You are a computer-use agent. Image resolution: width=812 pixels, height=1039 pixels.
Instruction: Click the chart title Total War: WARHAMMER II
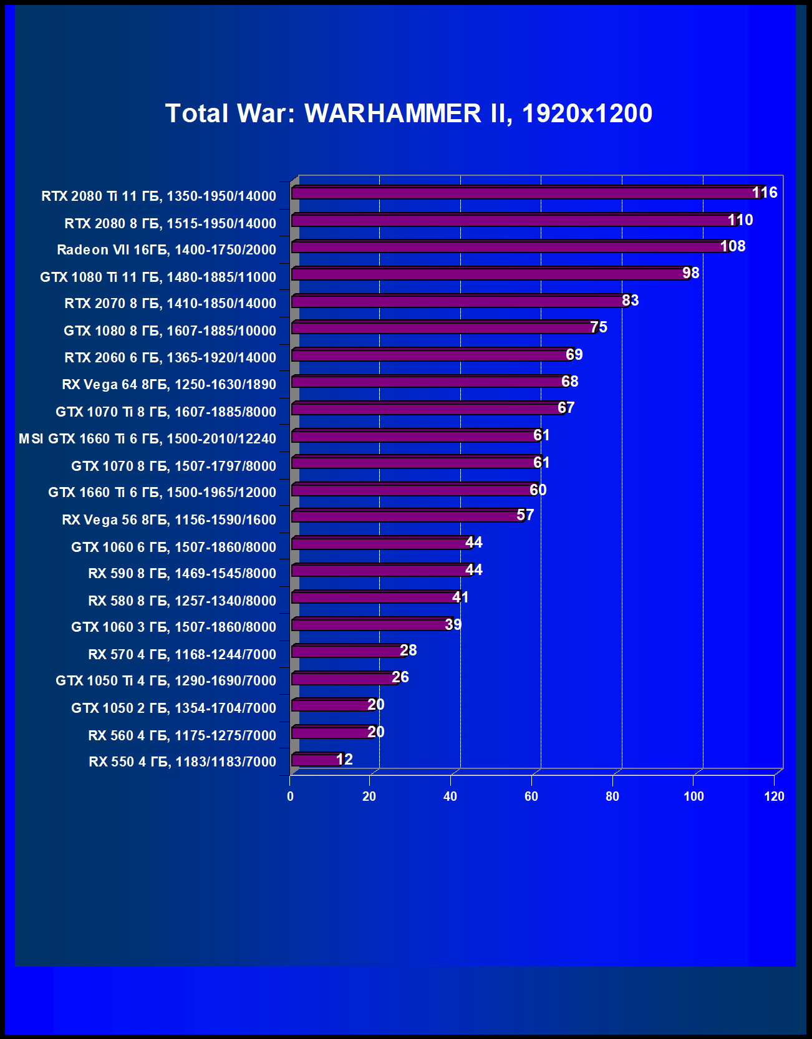click(x=408, y=114)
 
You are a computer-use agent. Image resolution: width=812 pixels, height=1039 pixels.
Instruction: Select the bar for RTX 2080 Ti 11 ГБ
click(x=524, y=193)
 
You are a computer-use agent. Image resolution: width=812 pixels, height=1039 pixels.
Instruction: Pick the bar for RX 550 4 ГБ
click(x=316, y=760)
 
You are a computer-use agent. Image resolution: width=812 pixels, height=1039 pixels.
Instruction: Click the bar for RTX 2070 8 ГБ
click(x=458, y=301)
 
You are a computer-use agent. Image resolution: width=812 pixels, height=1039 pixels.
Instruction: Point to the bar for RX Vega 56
click(x=405, y=516)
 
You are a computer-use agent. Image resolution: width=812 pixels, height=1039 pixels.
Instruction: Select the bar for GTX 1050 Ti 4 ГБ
click(x=343, y=679)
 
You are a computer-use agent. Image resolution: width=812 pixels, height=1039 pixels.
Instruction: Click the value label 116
click(x=765, y=193)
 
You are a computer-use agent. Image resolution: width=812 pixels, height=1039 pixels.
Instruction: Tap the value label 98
click(x=690, y=273)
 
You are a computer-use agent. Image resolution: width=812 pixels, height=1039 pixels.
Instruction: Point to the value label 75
click(x=599, y=327)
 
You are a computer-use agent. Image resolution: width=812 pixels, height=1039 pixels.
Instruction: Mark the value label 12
click(x=344, y=760)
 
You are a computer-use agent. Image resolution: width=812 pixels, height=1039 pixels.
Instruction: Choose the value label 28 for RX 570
click(x=408, y=650)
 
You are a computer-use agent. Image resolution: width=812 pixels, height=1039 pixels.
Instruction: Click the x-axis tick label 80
click(x=612, y=796)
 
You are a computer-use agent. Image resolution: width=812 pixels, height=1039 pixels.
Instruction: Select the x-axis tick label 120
click(x=774, y=796)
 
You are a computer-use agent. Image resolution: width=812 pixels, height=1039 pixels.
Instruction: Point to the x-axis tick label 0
click(x=290, y=796)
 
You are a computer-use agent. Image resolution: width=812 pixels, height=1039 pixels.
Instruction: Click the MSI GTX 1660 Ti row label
click(x=147, y=439)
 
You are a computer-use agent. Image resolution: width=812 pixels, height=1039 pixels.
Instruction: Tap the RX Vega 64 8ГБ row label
click(x=169, y=385)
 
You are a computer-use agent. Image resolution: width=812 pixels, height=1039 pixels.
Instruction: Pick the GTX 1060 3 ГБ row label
click(x=173, y=627)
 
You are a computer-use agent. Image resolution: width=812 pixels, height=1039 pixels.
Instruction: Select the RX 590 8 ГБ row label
click(x=182, y=574)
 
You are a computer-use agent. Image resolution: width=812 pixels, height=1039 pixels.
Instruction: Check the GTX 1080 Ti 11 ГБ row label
click(x=158, y=277)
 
